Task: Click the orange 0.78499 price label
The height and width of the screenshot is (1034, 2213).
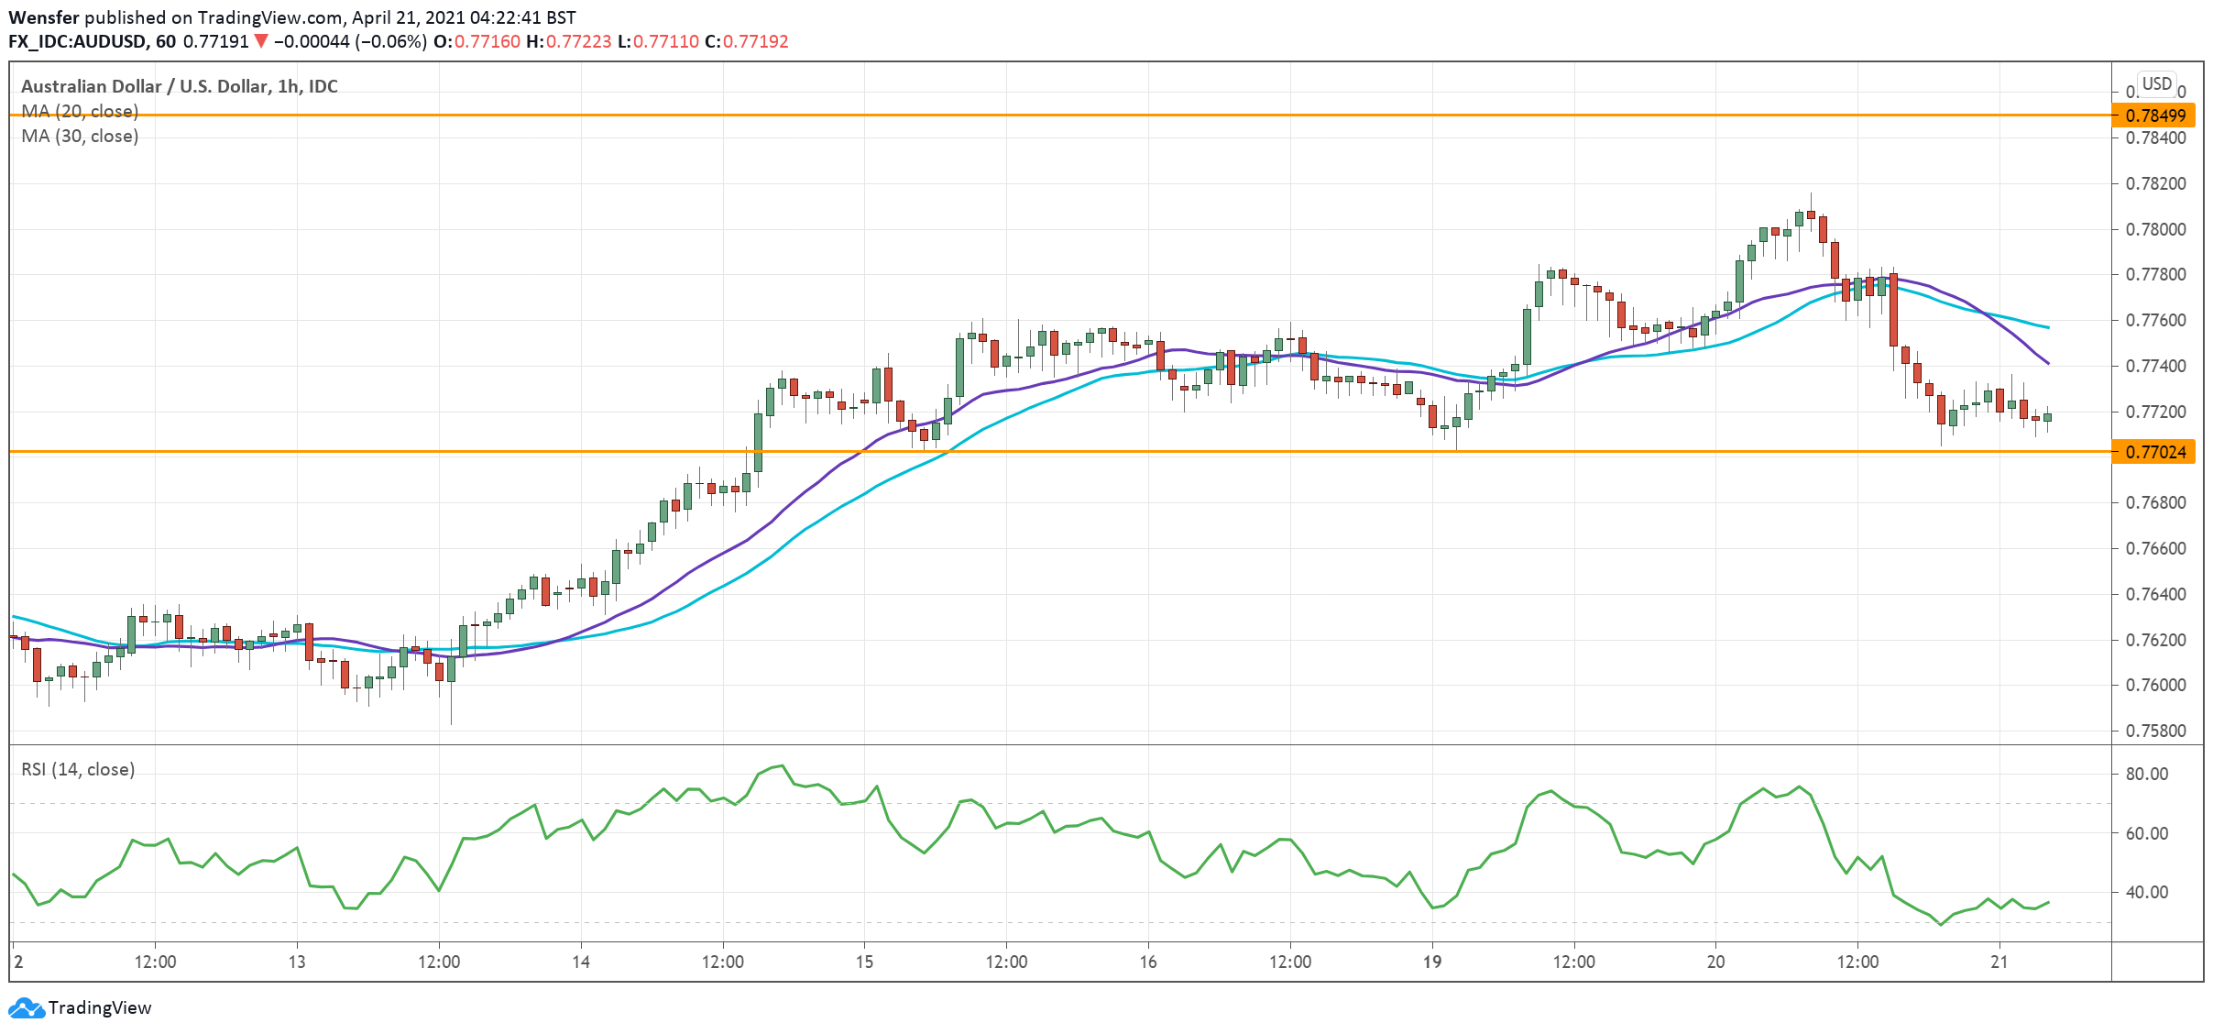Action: coord(2154,115)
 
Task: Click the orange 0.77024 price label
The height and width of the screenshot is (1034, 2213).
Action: coord(2154,452)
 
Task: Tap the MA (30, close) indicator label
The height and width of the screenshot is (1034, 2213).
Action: coord(80,136)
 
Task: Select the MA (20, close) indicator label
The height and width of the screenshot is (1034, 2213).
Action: coord(80,111)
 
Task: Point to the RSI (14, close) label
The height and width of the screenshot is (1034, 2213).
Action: coord(78,769)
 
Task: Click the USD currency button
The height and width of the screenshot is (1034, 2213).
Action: coord(2156,84)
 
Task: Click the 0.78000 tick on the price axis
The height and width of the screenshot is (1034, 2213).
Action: coord(2155,229)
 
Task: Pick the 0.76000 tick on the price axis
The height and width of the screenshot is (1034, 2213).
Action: coord(2155,686)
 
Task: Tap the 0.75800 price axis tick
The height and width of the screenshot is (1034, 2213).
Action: coord(2155,731)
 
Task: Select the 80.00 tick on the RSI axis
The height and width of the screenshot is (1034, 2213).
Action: coord(2147,774)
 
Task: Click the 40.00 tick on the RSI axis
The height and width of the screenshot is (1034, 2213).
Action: coord(2147,892)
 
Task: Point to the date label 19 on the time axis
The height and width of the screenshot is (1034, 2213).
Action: coord(1431,962)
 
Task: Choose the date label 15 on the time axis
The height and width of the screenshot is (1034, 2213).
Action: coord(864,962)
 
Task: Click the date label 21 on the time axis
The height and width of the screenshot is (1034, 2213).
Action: coord(1999,962)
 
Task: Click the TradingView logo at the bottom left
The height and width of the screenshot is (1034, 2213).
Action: coord(80,1007)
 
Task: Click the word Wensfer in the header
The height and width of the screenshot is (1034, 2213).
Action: coord(44,17)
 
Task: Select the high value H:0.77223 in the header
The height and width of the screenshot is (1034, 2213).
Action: coord(568,41)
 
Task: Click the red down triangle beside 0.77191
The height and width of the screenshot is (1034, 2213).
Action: coord(261,41)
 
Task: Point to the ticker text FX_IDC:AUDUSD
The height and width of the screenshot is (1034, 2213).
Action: coord(77,41)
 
